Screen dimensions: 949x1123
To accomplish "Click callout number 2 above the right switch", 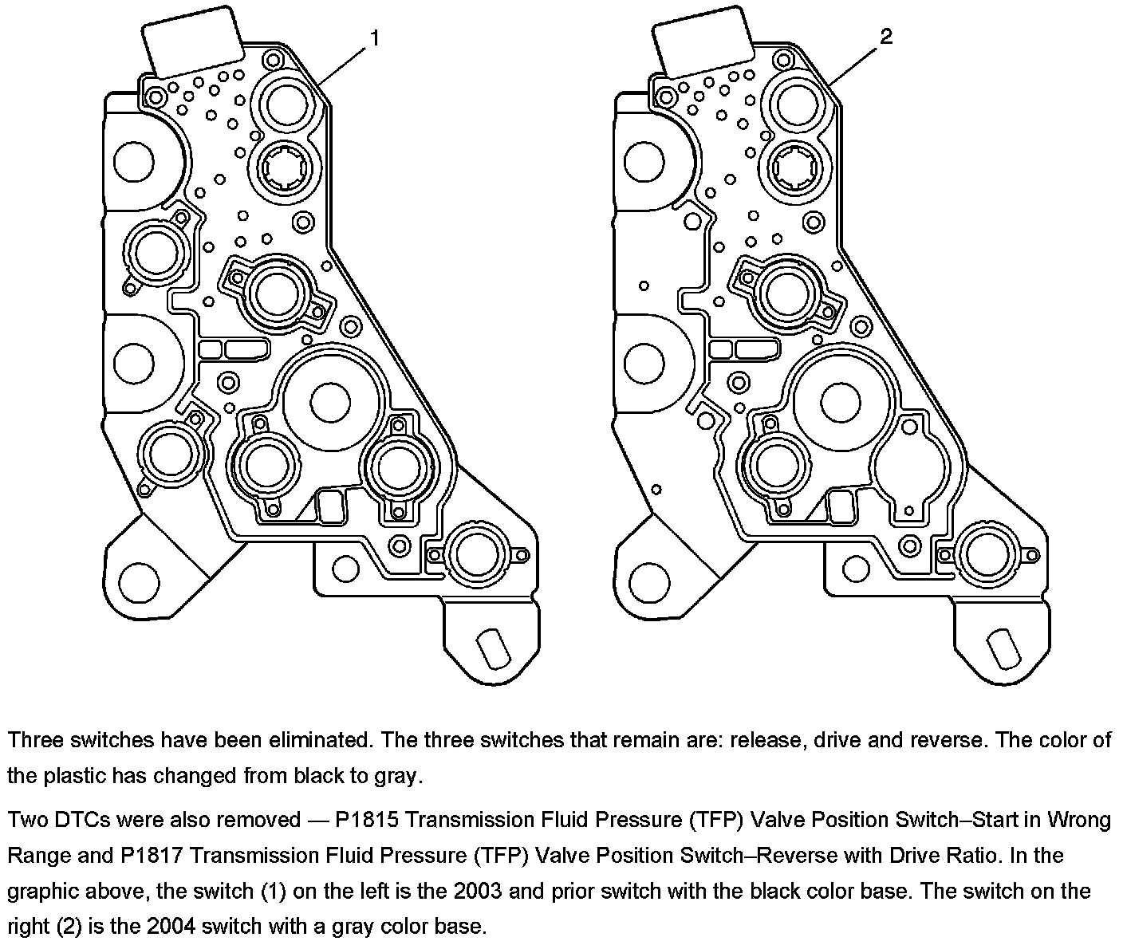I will [886, 37].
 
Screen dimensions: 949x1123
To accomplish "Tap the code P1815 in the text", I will [368, 820].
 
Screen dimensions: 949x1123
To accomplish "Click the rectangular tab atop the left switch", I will [193, 44].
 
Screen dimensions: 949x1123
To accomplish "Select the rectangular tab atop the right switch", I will [703, 44].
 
